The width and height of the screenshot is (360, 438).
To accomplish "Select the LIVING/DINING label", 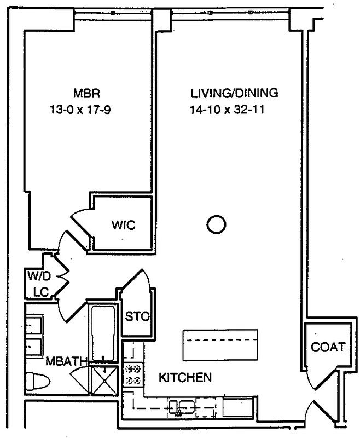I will pos(234,93).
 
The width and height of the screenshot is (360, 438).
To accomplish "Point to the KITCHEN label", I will pos(185,377).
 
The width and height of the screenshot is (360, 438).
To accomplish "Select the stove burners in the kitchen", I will pos(133,374).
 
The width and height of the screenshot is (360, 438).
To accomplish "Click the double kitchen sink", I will pos(181,407).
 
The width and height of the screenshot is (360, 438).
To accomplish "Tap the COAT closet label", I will pos(328,347).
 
